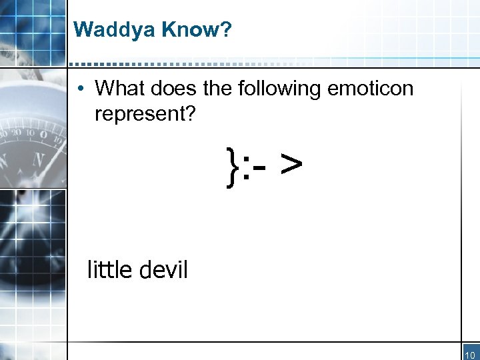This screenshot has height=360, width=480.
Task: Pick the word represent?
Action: pos(145,114)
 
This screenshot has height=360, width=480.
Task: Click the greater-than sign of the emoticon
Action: pos(291,167)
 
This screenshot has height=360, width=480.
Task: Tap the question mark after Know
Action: pos(225,29)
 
